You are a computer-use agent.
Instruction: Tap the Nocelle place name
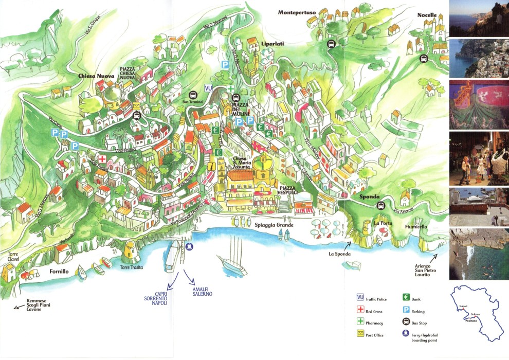coord(427,15)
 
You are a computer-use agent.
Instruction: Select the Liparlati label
coord(272,44)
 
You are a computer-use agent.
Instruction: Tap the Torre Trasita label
coord(132,267)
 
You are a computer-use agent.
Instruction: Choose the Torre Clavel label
coord(13,257)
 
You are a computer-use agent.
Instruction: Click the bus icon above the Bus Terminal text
coord(193,95)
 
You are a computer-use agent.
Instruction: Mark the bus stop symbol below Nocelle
coord(423,58)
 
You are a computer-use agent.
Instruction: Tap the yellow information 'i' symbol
coord(212,166)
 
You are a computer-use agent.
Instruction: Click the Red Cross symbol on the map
coord(102,159)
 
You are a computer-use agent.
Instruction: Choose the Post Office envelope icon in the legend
coord(360,334)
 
